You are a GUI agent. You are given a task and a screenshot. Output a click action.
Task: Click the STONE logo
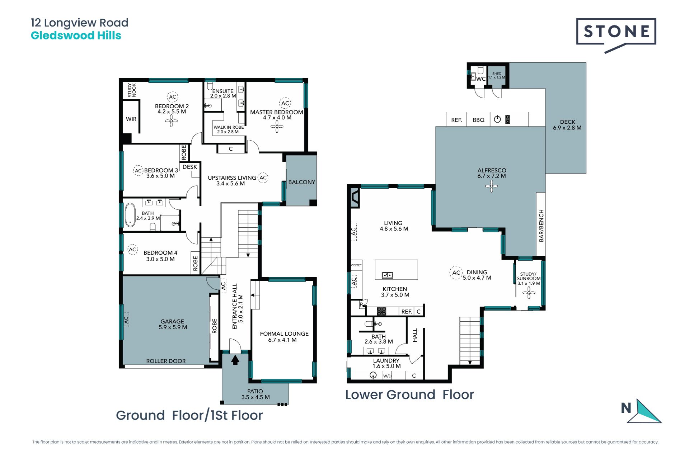(616, 35)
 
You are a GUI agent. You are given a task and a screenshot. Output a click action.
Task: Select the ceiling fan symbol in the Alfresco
(491, 186)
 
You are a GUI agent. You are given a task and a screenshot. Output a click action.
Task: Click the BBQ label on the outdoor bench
(478, 120)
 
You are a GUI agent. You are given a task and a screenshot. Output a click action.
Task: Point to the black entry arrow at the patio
(235, 360)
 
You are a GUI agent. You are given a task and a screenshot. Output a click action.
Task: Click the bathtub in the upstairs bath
(130, 215)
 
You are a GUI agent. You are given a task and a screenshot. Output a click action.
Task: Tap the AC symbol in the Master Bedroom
(285, 103)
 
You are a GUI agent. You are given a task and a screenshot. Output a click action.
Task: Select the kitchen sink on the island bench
(387, 275)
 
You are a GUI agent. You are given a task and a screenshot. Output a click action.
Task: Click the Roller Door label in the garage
(166, 361)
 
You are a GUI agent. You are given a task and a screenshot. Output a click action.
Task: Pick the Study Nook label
(132, 90)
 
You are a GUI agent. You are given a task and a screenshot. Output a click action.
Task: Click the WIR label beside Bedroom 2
(131, 119)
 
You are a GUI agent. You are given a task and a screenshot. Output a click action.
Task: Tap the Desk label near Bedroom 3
(189, 167)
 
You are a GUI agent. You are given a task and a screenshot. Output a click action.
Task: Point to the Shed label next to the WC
(497, 74)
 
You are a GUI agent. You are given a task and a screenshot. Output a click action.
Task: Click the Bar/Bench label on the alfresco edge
(541, 226)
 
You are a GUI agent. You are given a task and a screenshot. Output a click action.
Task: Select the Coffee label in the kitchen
(356, 265)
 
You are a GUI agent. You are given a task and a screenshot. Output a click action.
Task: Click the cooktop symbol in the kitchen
(381, 311)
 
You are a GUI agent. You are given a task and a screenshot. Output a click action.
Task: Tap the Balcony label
(301, 182)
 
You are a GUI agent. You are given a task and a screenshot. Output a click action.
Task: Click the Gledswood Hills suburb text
(76, 36)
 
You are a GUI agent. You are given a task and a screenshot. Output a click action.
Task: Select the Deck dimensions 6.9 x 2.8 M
(567, 128)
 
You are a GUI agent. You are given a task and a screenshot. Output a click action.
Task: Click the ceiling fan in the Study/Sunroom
(529, 293)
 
